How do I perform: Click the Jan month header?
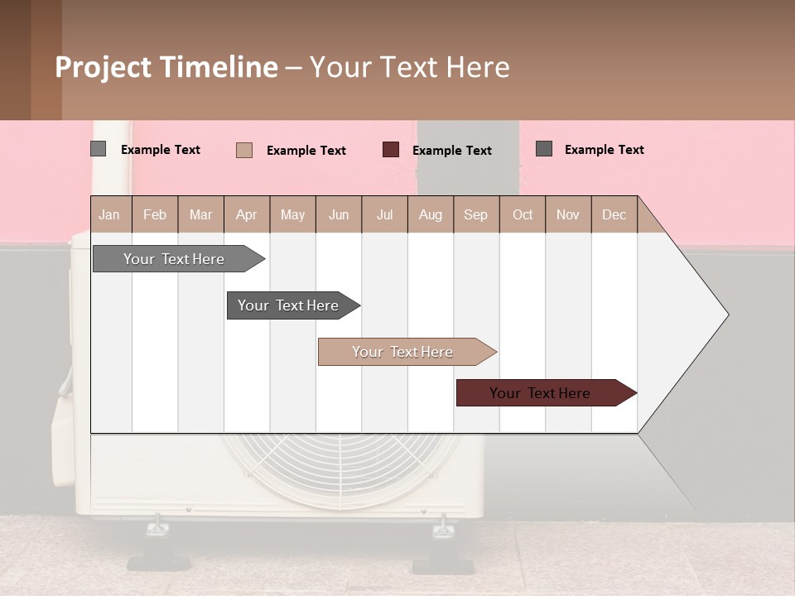[x=109, y=215]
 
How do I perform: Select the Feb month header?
[x=155, y=215]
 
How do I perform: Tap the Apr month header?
[x=246, y=215]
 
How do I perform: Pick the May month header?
[x=292, y=215]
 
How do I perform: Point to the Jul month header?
[x=384, y=215]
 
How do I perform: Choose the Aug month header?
[x=430, y=215]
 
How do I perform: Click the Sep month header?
[x=475, y=215]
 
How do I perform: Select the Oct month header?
[x=523, y=215]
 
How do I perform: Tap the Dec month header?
[x=614, y=215]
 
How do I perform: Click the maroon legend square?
[x=391, y=150]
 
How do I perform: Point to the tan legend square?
[x=244, y=150]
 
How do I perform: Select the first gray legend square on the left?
[x=99, y=149]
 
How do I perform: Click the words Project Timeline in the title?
[x=166, y=67]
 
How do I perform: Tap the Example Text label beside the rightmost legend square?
[x=604, y=150]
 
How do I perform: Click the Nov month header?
[x=568, y=215]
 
